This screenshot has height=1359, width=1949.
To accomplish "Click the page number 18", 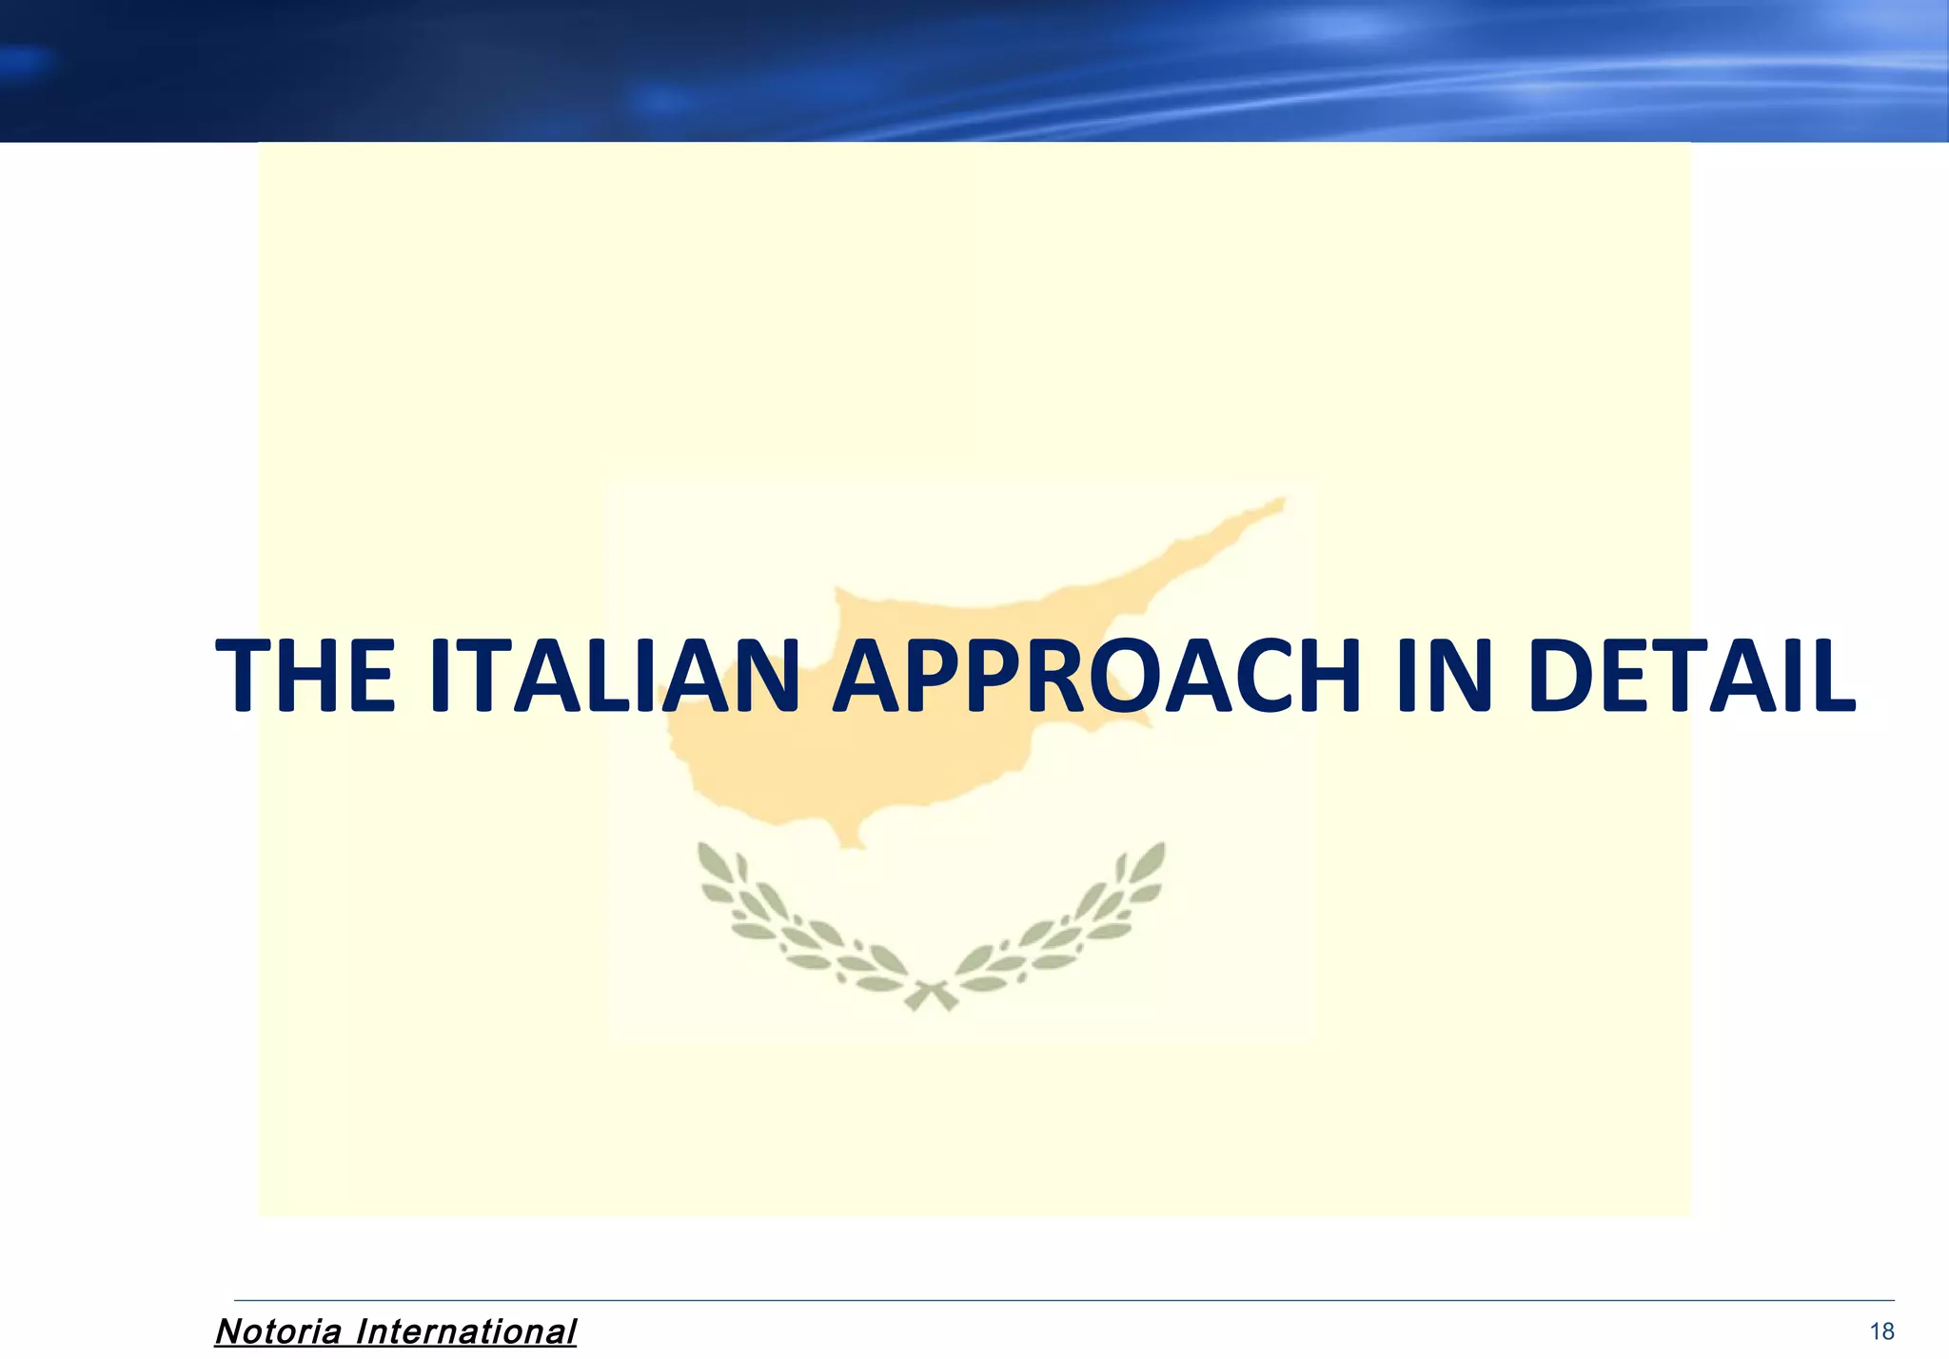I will [x=1881, y=1331].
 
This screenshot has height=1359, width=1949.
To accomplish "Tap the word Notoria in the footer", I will [x=278, y=1331].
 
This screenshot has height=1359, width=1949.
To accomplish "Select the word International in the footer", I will [x=465, y=1331].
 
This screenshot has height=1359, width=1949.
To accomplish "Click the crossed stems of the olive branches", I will [x=931, y=995].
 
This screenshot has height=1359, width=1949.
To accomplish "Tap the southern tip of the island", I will [x=850, y=842].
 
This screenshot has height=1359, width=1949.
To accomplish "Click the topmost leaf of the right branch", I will [x=1154, y=855].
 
